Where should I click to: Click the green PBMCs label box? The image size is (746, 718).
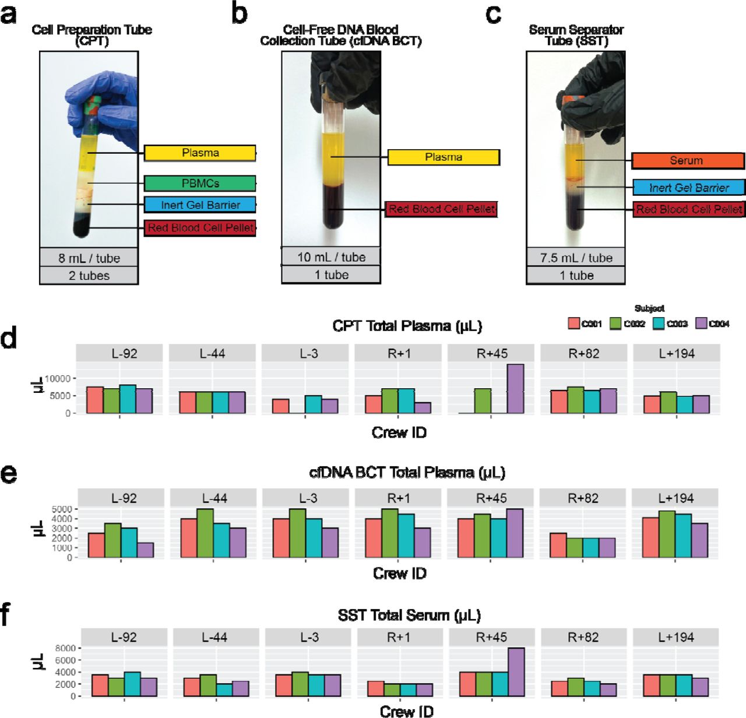tap(200, 183)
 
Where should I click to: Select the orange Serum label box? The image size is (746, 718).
tap(688, 160)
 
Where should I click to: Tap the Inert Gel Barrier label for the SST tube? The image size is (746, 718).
tap(689, 188)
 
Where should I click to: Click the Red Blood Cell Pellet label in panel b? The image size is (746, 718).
tap(441, 209)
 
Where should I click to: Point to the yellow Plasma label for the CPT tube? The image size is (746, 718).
tap(200, 153)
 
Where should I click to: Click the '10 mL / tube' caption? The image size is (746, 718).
tap(331, 257)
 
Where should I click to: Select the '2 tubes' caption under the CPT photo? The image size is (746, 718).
tap(89, 276)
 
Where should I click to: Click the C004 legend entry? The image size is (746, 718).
tap(713, 323)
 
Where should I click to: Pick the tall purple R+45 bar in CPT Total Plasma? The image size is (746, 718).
tap(515, 389)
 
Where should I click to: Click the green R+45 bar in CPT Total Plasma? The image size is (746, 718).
tap(483, 401)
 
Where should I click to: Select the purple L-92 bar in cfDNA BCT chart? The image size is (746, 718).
tap(146, 550)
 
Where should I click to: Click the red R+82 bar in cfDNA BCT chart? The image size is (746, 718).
tap(558, 545)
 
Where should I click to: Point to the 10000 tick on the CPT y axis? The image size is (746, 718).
tap(58, 379)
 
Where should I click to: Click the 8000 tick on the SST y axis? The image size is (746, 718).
tap(65, 648)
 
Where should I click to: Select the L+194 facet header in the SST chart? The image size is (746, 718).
tap(676, 637)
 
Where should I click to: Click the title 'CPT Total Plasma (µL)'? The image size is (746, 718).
tap(407, 326)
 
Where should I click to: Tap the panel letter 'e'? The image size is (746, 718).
tap(9, 473)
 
